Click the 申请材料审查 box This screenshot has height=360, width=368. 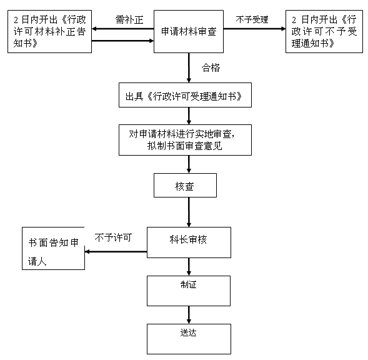coord(189,31)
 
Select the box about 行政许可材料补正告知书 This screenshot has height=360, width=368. coord(49,31)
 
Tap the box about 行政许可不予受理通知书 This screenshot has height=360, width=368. coord(324,31)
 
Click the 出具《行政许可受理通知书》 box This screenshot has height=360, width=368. coord(185,95)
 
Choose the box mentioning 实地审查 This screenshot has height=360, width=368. coord(185,140)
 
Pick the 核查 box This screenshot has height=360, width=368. coord(185,185)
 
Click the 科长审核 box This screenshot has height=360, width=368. coord(189,242)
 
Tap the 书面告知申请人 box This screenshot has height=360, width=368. coord(53,248)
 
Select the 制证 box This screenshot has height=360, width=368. coord(189,291)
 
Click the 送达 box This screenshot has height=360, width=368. coord(189,339)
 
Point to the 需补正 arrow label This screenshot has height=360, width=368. coord(129,20)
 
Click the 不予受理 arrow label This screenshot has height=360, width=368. coord(252,19)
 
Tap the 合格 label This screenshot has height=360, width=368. coord(211,67)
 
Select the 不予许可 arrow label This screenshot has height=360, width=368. coord(113,237)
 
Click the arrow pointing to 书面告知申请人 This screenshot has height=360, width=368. coord(116,251)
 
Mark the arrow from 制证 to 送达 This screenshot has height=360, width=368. coord(189,315)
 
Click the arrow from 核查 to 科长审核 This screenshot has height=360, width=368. coord(189,212)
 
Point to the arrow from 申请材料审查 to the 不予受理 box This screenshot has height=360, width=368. coord(254,29)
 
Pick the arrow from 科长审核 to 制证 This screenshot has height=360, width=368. coord(189,267)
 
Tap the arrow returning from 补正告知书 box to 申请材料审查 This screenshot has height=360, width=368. coord(122,41)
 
